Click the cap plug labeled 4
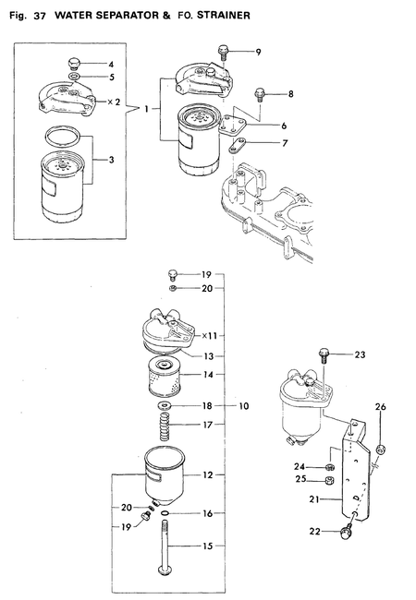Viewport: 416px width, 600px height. [x=74, y=64]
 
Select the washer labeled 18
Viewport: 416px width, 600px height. [x=164, y=406]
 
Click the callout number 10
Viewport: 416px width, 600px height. [x=245, y=405]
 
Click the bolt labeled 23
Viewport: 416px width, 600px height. [x=322, y=353]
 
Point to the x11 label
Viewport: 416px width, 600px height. [x=210, y=336]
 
